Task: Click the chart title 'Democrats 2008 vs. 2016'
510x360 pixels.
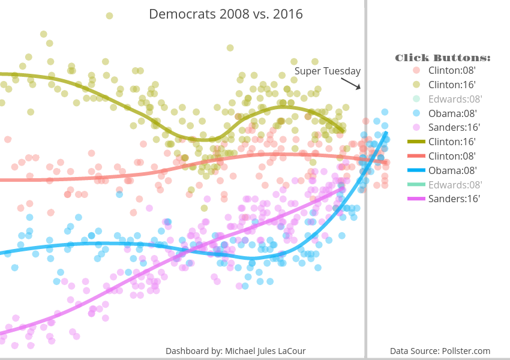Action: click(226, 14)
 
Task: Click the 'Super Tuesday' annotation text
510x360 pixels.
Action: click(327, 71)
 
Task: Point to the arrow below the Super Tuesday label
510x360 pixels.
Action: click(355, 84)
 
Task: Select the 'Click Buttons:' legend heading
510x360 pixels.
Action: click(443, 58)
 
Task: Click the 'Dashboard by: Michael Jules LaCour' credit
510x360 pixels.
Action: click(236, 350)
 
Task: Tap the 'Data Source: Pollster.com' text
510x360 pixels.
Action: click(440, 350)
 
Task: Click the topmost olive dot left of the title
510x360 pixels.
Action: click(109, 16)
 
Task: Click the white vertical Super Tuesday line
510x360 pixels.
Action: click(365, 240)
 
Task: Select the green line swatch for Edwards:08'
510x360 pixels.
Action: click(416, 185)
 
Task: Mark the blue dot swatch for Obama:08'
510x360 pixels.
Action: click(416, 113)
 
